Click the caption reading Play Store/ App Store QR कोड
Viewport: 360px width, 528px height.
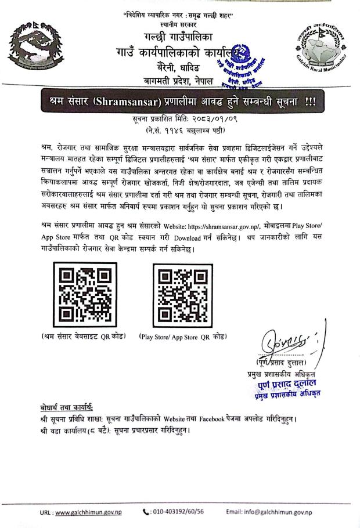tap(182, 337)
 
